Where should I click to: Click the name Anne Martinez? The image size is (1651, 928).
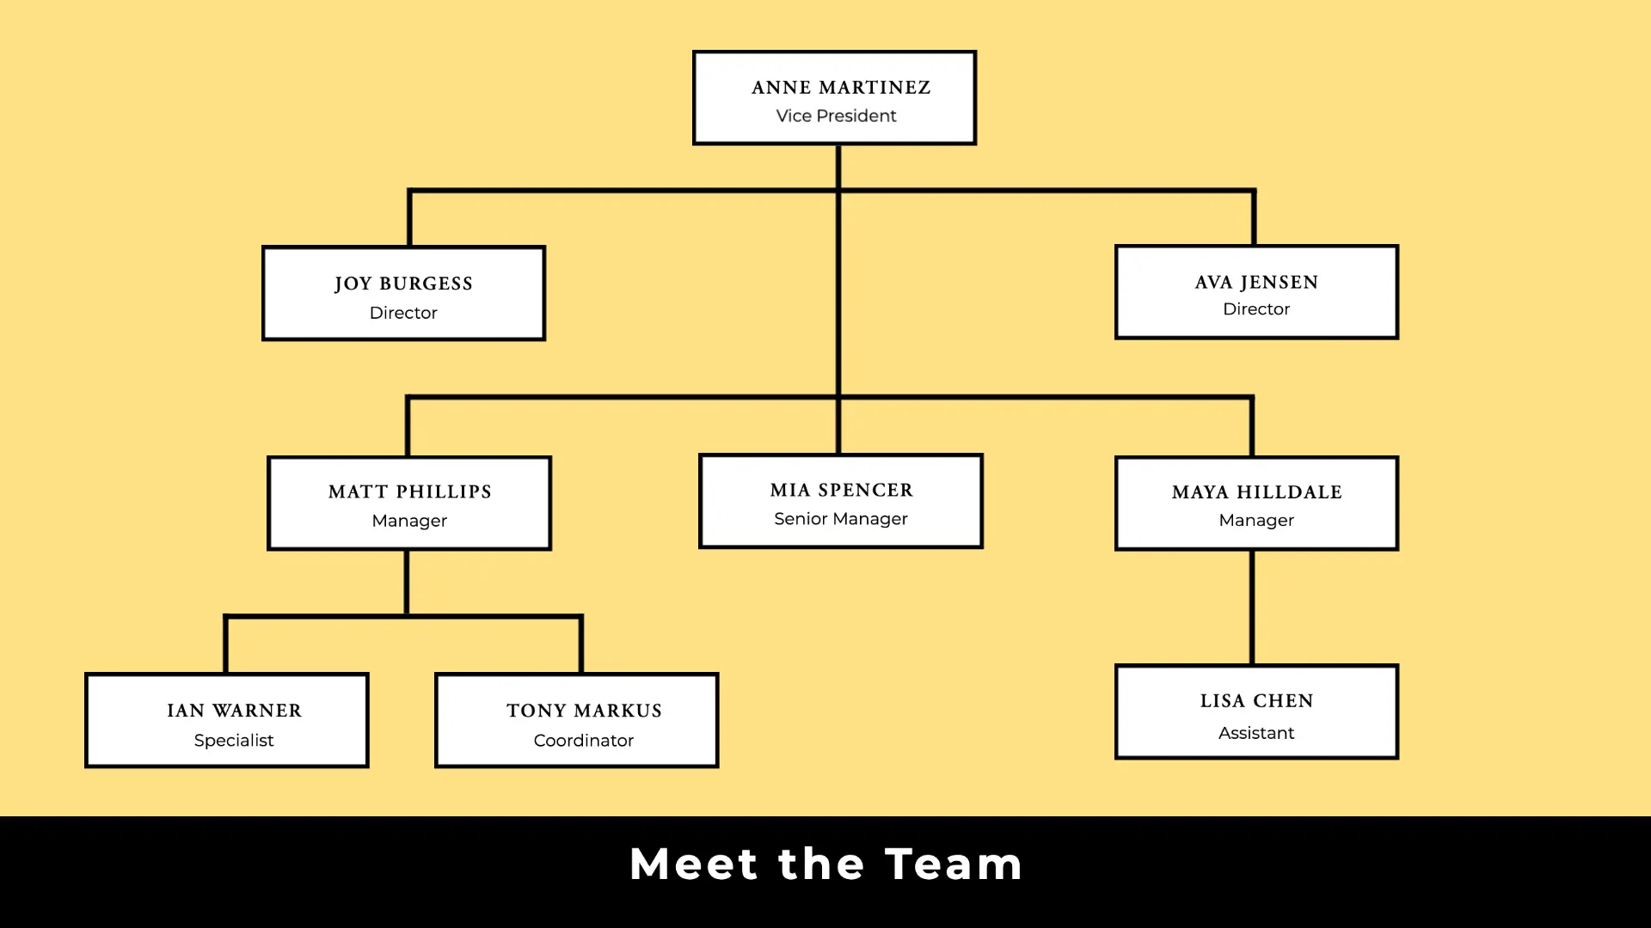[x=840, y=88]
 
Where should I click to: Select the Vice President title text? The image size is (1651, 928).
[x=836, y=116]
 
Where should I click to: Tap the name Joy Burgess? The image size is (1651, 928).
[x=403, y=284]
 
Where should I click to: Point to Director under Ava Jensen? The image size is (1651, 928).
[x=1256, y=309]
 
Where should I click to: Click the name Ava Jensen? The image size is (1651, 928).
[x=1256, y=283]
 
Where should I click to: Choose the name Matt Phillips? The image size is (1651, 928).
[x=409, y=491]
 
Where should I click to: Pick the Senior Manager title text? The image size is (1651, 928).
[x=840, y=519]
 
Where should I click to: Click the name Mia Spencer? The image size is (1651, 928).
[x=841, y=490]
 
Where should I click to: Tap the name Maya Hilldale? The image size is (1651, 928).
[x=1256, y=492]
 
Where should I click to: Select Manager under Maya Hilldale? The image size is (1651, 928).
[x=1256, y=521]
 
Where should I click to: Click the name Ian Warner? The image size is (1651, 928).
[x=234, y=711]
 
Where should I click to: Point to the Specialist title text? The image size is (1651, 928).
[x=234, y=741]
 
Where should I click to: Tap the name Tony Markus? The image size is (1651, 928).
[x=584, y=711]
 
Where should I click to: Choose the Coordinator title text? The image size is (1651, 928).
[x=584, y=741]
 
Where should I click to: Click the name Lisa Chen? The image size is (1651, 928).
[x=1256, y=701]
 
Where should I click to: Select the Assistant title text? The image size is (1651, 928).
[x=1256, y=733]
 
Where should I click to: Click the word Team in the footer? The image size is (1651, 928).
[x=954, y=864]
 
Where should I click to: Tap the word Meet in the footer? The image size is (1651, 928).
[x=694, y=864]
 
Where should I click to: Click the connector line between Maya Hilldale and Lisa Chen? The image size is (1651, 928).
[x=1252, y=607]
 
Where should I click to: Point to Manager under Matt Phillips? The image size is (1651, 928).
[x=409, y=521]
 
